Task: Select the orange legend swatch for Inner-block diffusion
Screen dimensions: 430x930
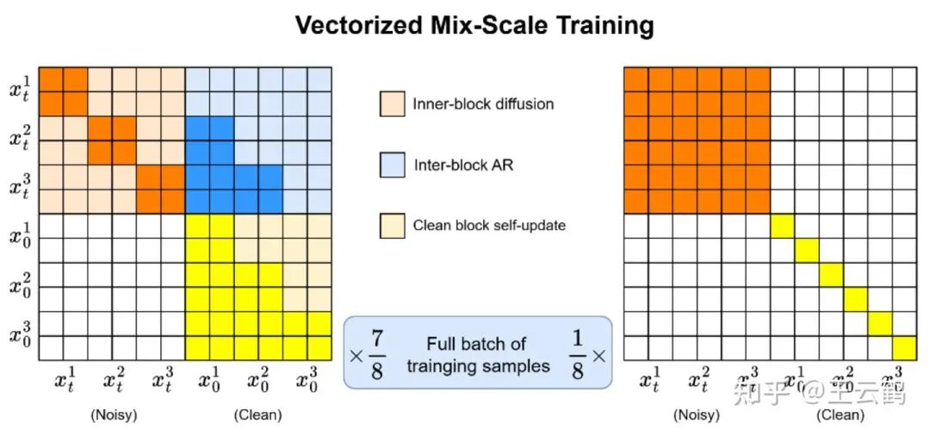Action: pyautogui.click(x=391, y=103)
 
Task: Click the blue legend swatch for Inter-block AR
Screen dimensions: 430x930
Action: pyautogui.click(x=391, y=165)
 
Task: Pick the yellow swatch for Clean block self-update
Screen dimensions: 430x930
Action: pyautogui.click(x=391, y=226)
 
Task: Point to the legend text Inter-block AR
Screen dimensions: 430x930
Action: pyautogui.click(x=463, y=165)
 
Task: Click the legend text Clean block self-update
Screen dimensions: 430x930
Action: pyautogui.click(x=489, y=226)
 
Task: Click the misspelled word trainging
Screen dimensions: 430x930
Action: pyautogui.click(x=445, y=365)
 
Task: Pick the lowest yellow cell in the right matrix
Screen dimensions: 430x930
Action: pyautogui.click(x=904, y=347)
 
